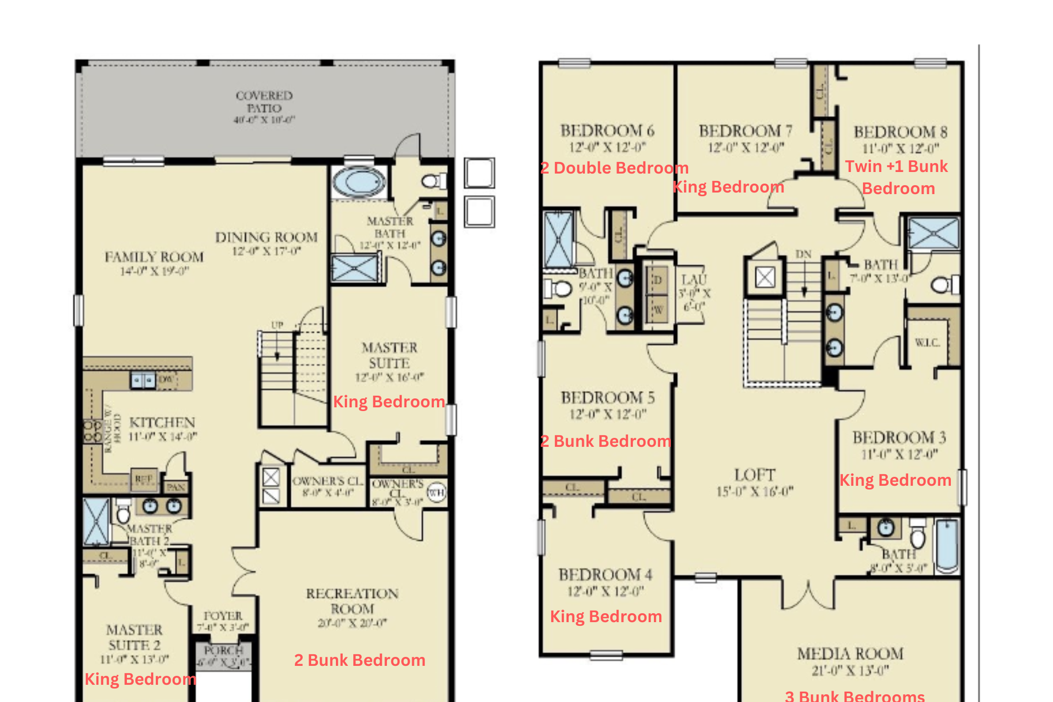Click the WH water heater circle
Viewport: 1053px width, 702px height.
[436, 492]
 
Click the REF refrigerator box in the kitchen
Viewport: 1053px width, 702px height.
[144, 479]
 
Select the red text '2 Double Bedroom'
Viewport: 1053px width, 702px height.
[614, 168]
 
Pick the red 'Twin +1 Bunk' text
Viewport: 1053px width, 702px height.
[896, 166]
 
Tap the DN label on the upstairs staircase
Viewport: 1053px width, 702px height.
[803, 254]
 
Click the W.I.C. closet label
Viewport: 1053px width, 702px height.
[927, 343]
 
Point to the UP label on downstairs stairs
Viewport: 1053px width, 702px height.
[277, 325]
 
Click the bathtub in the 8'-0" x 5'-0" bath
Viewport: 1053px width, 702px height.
[947, 546]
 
